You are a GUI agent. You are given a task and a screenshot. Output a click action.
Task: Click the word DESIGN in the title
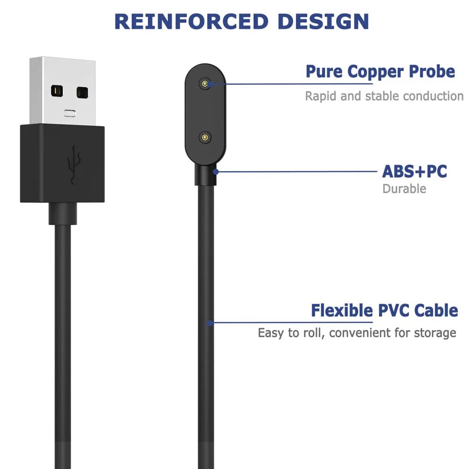point(323,22)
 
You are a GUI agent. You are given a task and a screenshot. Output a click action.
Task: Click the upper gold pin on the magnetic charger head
point(205,84)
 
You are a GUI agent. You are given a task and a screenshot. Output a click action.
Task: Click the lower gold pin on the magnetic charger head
point(205,137)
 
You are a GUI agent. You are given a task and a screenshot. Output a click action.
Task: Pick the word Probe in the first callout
point(432,72)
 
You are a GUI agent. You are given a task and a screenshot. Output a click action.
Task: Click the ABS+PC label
point(414,171)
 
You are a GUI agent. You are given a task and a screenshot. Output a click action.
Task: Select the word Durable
point(404,189)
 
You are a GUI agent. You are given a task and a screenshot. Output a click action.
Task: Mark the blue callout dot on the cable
point(211,323)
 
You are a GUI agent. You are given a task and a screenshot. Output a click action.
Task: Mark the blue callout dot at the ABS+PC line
point(216,172)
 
